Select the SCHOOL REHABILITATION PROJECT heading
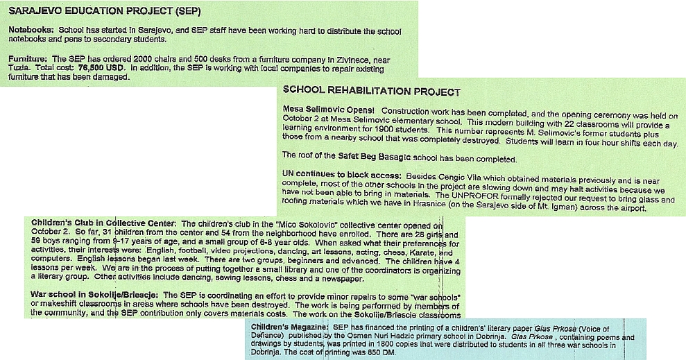point(371,92)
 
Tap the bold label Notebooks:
point(31,31)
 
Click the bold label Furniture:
point(28,59)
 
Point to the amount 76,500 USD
point(103,68)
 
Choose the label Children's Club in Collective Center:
point(104,224)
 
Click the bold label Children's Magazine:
point(290,326)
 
